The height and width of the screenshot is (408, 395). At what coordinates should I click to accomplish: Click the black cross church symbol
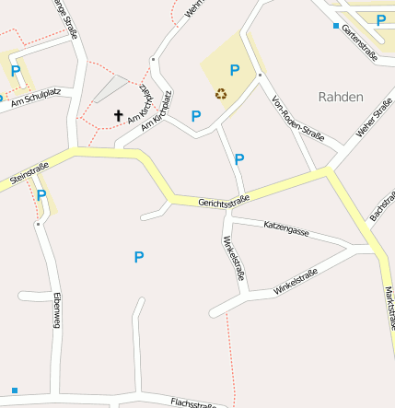118,116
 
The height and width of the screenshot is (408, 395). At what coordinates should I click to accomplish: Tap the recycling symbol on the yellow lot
221,92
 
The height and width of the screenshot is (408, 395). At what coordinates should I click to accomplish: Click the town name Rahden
341,96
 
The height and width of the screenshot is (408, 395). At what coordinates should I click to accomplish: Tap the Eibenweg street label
56,310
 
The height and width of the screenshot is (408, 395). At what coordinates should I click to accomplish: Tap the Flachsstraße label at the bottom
199,402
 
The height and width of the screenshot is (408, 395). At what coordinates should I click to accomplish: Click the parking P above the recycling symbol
234,70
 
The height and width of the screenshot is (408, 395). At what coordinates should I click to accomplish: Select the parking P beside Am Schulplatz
15,71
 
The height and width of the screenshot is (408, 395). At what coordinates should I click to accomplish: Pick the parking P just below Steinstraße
41,195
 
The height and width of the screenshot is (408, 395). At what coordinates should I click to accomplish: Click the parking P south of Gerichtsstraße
139,257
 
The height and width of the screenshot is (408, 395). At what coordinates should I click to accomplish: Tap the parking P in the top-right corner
380,19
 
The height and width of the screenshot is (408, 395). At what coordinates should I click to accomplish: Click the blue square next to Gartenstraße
336,26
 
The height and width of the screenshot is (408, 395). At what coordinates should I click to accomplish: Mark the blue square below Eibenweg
15,391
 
